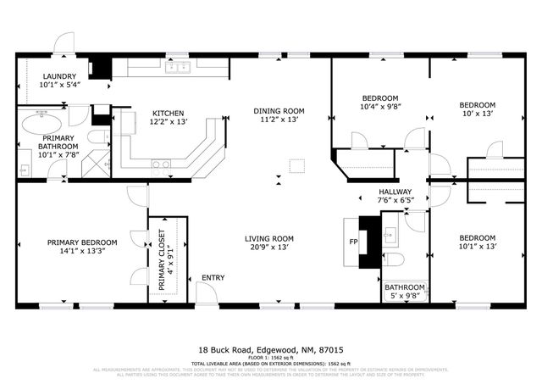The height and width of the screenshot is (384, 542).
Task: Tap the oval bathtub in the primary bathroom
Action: click(39, 127)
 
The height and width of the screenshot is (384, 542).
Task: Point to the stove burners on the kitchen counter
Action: click(160, 164)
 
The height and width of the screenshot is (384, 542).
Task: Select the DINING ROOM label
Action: click(279, 111)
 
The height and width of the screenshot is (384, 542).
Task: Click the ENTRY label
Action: click(213, 278)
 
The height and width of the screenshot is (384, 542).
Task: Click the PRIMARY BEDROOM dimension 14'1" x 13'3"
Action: click(82, 253)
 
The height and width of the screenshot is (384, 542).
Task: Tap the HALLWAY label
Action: click(395, 192)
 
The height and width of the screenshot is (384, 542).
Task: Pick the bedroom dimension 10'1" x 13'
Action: click(477, 247)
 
